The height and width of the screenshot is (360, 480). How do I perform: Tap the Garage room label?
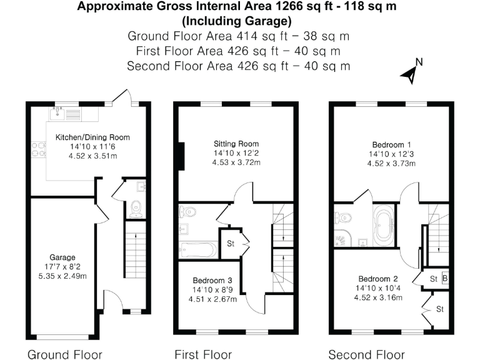coord(62,257)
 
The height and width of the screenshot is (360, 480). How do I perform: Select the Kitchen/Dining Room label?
coord(92,137)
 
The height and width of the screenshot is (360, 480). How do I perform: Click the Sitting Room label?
coord(237,143)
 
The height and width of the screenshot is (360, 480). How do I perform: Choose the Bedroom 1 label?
coord(391,143)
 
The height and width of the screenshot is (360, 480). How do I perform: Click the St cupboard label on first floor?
coord(230,242)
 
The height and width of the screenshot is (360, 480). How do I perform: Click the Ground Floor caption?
coord(64,354)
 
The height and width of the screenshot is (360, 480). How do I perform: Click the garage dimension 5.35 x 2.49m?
coord(62,276)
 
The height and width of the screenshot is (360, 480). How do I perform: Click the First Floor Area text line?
coord(238,51)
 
